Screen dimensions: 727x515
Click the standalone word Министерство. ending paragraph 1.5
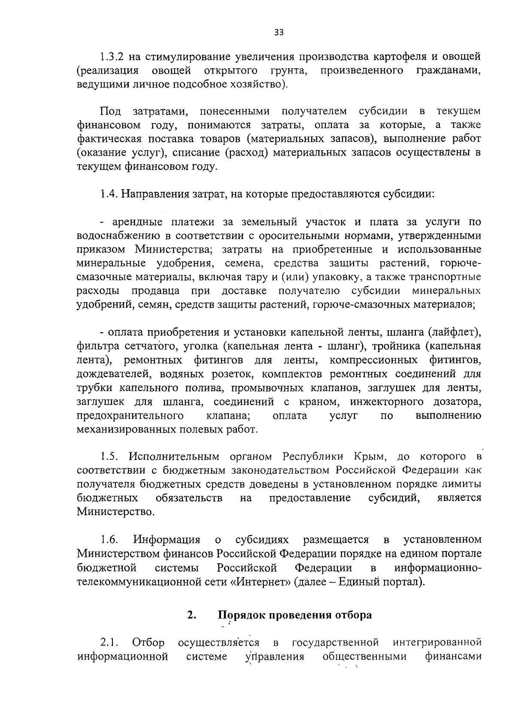(116, 512)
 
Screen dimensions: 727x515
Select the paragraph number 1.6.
(108, 539)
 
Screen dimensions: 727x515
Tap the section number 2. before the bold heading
(191, 615)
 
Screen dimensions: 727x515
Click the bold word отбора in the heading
(354, 615)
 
